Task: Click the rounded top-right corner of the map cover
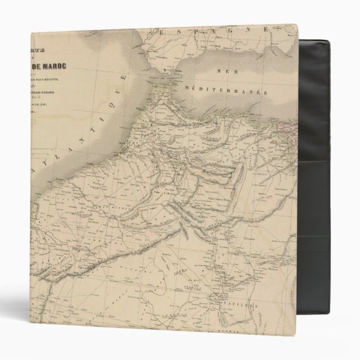click(295, 28)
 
